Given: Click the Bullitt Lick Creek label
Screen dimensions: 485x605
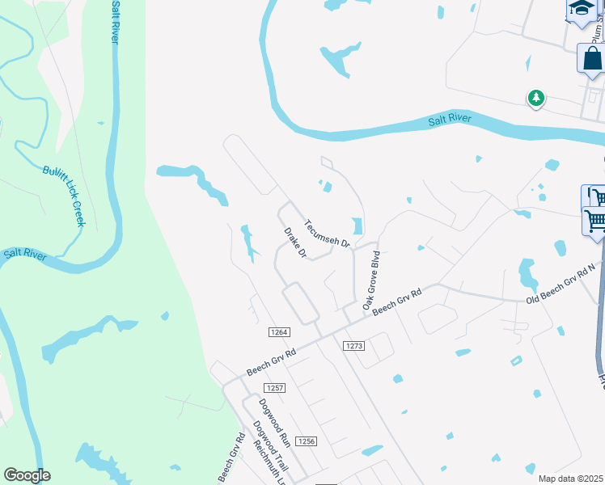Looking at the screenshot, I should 63,196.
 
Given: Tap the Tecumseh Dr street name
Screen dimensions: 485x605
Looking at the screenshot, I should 326,233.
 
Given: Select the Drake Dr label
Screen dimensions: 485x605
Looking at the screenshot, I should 294,243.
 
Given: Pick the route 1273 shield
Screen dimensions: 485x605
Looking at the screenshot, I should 353,346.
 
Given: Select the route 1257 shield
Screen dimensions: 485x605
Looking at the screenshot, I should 275,388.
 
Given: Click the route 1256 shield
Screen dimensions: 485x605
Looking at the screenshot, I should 306,441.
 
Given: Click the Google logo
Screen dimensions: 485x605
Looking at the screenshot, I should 27,475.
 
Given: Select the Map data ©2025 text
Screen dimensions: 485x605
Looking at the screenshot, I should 570,479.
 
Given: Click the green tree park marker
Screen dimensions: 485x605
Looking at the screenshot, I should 535,99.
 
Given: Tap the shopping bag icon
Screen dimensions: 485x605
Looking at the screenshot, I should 592,59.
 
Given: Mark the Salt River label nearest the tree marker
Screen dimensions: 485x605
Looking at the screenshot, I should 449,121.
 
